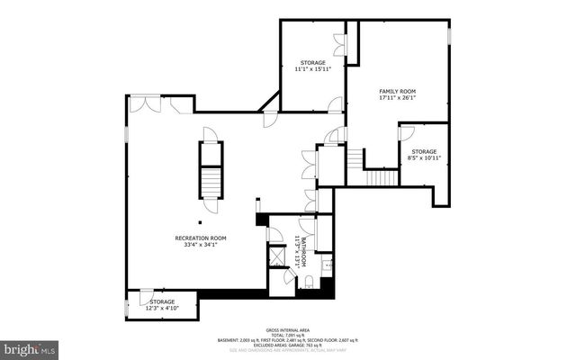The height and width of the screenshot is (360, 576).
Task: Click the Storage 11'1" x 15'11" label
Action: click(312, 65)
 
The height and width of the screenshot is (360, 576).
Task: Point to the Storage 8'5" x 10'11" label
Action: click(424, 155)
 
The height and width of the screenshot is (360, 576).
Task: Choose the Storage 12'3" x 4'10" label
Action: click(162, 305)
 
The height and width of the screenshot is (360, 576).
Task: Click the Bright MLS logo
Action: click(29, 346)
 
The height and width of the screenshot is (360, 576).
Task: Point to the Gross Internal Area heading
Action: click(287, 330)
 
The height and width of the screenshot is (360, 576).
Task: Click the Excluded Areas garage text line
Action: click(287, 346)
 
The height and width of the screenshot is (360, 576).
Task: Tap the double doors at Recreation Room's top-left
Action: click(143, 105)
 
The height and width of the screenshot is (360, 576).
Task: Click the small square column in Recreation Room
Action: click(202, 223)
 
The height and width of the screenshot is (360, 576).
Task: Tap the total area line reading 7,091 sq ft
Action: click(287, 336)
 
